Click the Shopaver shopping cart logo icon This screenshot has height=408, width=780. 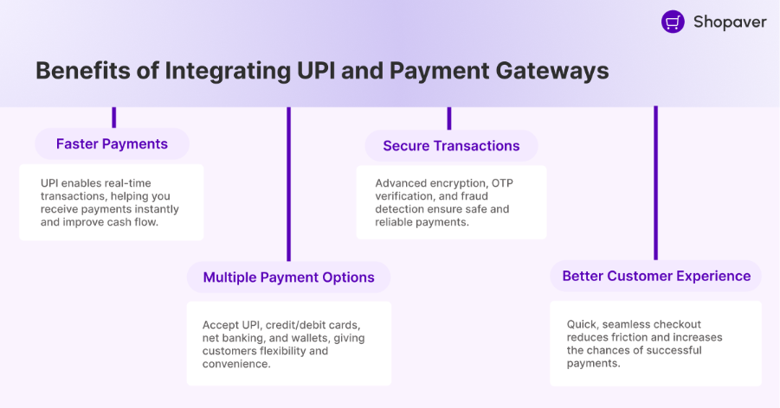pos(673,22)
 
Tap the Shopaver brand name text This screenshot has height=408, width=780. pos(729,22)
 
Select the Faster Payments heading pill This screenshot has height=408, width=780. pos(112,143)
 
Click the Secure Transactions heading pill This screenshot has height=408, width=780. pos(451,146)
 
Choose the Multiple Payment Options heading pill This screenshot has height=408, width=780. pos(288,277)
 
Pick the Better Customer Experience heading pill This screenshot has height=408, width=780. pos(655,276)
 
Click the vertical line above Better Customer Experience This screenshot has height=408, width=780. pos(655,182)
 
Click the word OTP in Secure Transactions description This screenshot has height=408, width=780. pos(502,183)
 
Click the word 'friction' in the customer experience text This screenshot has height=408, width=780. pos(616,337)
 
